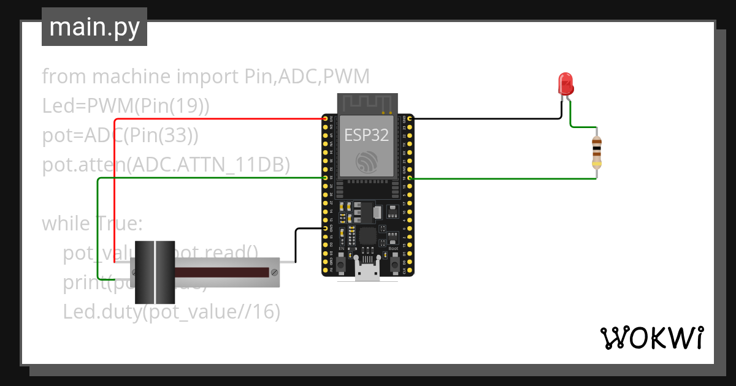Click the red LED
[x=565, y=84]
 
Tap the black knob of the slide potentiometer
[x=155, y=272]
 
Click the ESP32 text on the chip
[x=366, y=135]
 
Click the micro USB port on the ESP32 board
[x=367, y=273]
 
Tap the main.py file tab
[x=94, y=28]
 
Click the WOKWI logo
[x=651, y=338]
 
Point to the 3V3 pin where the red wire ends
[x=325, y=118]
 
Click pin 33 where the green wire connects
[x=325, y=178]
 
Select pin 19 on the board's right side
[x=410, y=178]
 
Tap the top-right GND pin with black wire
[x=410, y=118]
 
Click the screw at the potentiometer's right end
[x=275, y=271]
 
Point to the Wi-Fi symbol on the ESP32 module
[x=366, y=161]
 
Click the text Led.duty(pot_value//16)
[x=171, y=312]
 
